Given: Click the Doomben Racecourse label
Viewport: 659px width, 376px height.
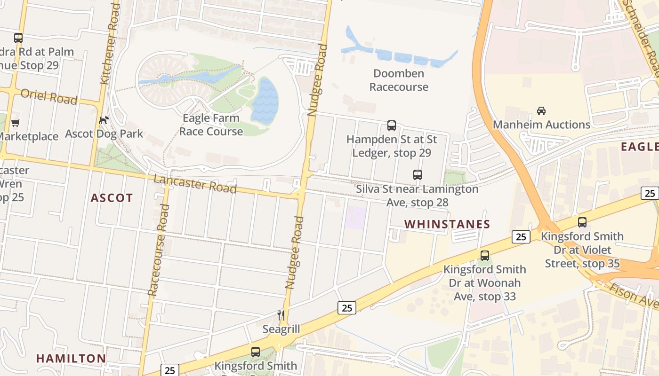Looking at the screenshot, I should (x=399, y=80).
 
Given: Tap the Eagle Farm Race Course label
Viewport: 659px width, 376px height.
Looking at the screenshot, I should (x=211, y=125).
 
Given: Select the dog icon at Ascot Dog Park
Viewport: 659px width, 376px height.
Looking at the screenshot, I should (x=104, y=120).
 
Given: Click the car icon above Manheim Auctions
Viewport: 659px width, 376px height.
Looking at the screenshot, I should (x=541, y=111).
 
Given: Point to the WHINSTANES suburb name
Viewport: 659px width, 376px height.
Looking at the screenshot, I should (x=447, y=224).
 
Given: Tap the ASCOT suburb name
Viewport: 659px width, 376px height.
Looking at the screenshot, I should (x=112, y=198).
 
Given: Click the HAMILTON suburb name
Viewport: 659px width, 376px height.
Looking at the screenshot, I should (x=71, y=358).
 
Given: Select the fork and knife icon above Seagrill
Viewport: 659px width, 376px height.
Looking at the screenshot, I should (x=281, y=315).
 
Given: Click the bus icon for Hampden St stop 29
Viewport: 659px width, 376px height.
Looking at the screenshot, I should (x=392, y=125).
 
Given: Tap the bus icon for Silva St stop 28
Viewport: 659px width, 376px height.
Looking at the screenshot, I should (x=418, y=175).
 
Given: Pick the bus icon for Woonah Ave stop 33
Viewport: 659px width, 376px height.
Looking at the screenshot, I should (x=485, y=256).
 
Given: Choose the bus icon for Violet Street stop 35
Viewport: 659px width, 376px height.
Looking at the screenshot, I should (x=582, y=222).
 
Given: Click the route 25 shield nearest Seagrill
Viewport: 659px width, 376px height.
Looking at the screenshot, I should (x=347, y=308).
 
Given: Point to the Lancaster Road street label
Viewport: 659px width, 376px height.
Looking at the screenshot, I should (x=195, y=183).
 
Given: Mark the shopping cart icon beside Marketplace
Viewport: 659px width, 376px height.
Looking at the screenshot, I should (x=16, y=123).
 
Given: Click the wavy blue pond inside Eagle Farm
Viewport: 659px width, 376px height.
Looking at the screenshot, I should (x=265, y=101).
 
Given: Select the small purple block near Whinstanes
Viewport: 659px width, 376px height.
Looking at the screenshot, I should (x=355, y=218).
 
